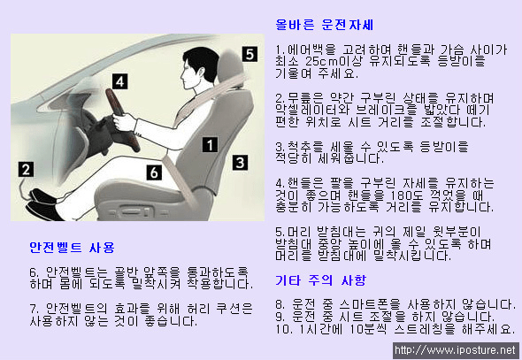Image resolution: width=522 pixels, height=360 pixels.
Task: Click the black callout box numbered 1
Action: coord(210,145)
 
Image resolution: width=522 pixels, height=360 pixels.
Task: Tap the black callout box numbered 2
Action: coord(26,169)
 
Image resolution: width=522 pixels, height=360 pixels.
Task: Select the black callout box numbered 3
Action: coord(240,163)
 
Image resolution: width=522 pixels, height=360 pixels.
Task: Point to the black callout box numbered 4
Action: coord(119,81)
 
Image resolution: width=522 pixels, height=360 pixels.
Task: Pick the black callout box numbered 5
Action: coord(249,54)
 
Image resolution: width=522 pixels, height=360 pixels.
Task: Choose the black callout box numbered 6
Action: coord(154,172)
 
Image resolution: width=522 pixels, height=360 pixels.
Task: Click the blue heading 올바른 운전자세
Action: coord(325,25)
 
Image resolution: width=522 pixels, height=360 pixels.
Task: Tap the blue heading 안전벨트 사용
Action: coord(72,248)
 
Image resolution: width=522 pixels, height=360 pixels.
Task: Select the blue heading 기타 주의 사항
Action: coord(320,280)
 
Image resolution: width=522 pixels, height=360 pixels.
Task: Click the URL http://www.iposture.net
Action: coord(455,350)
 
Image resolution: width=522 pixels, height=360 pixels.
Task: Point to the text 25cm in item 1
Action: coord(319,61)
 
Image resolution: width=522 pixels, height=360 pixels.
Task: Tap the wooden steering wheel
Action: coord(122,119)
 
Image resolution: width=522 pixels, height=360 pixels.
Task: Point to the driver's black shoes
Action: coord(43,204)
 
